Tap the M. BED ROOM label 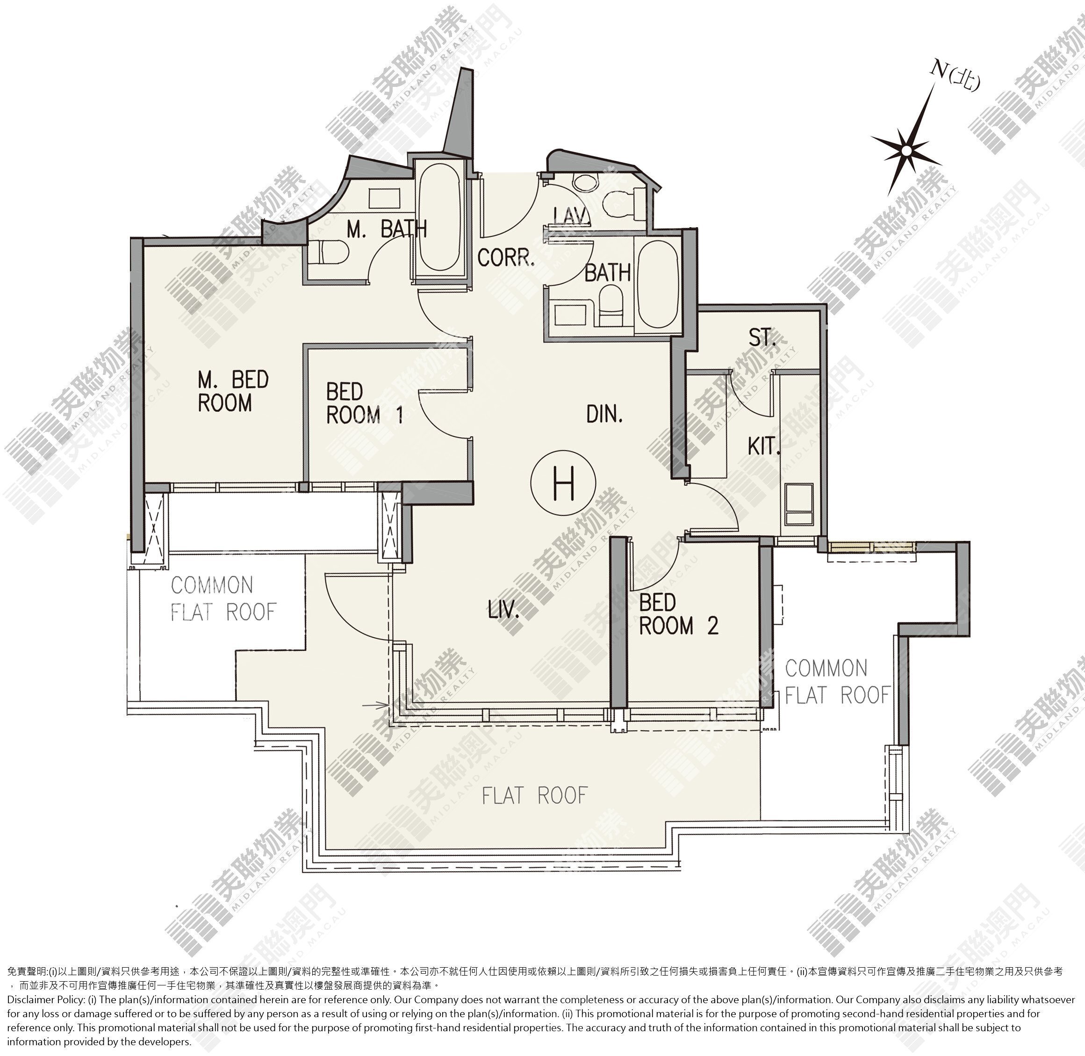pyautogui.click(x=233, y=391)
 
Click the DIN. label pyautogui.click(x=604, y=414)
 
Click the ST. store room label pyautogui.click(x=762, y=338)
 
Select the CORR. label pyautogui.click(x=506, y=258)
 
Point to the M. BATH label pyautogui.click(x=387, y=229)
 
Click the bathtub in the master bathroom pyautogui.click(x=439, y=217)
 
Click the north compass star pyautogui.click(x=905, y=150)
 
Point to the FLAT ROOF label pyautogui.click(x=534, y=796)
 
